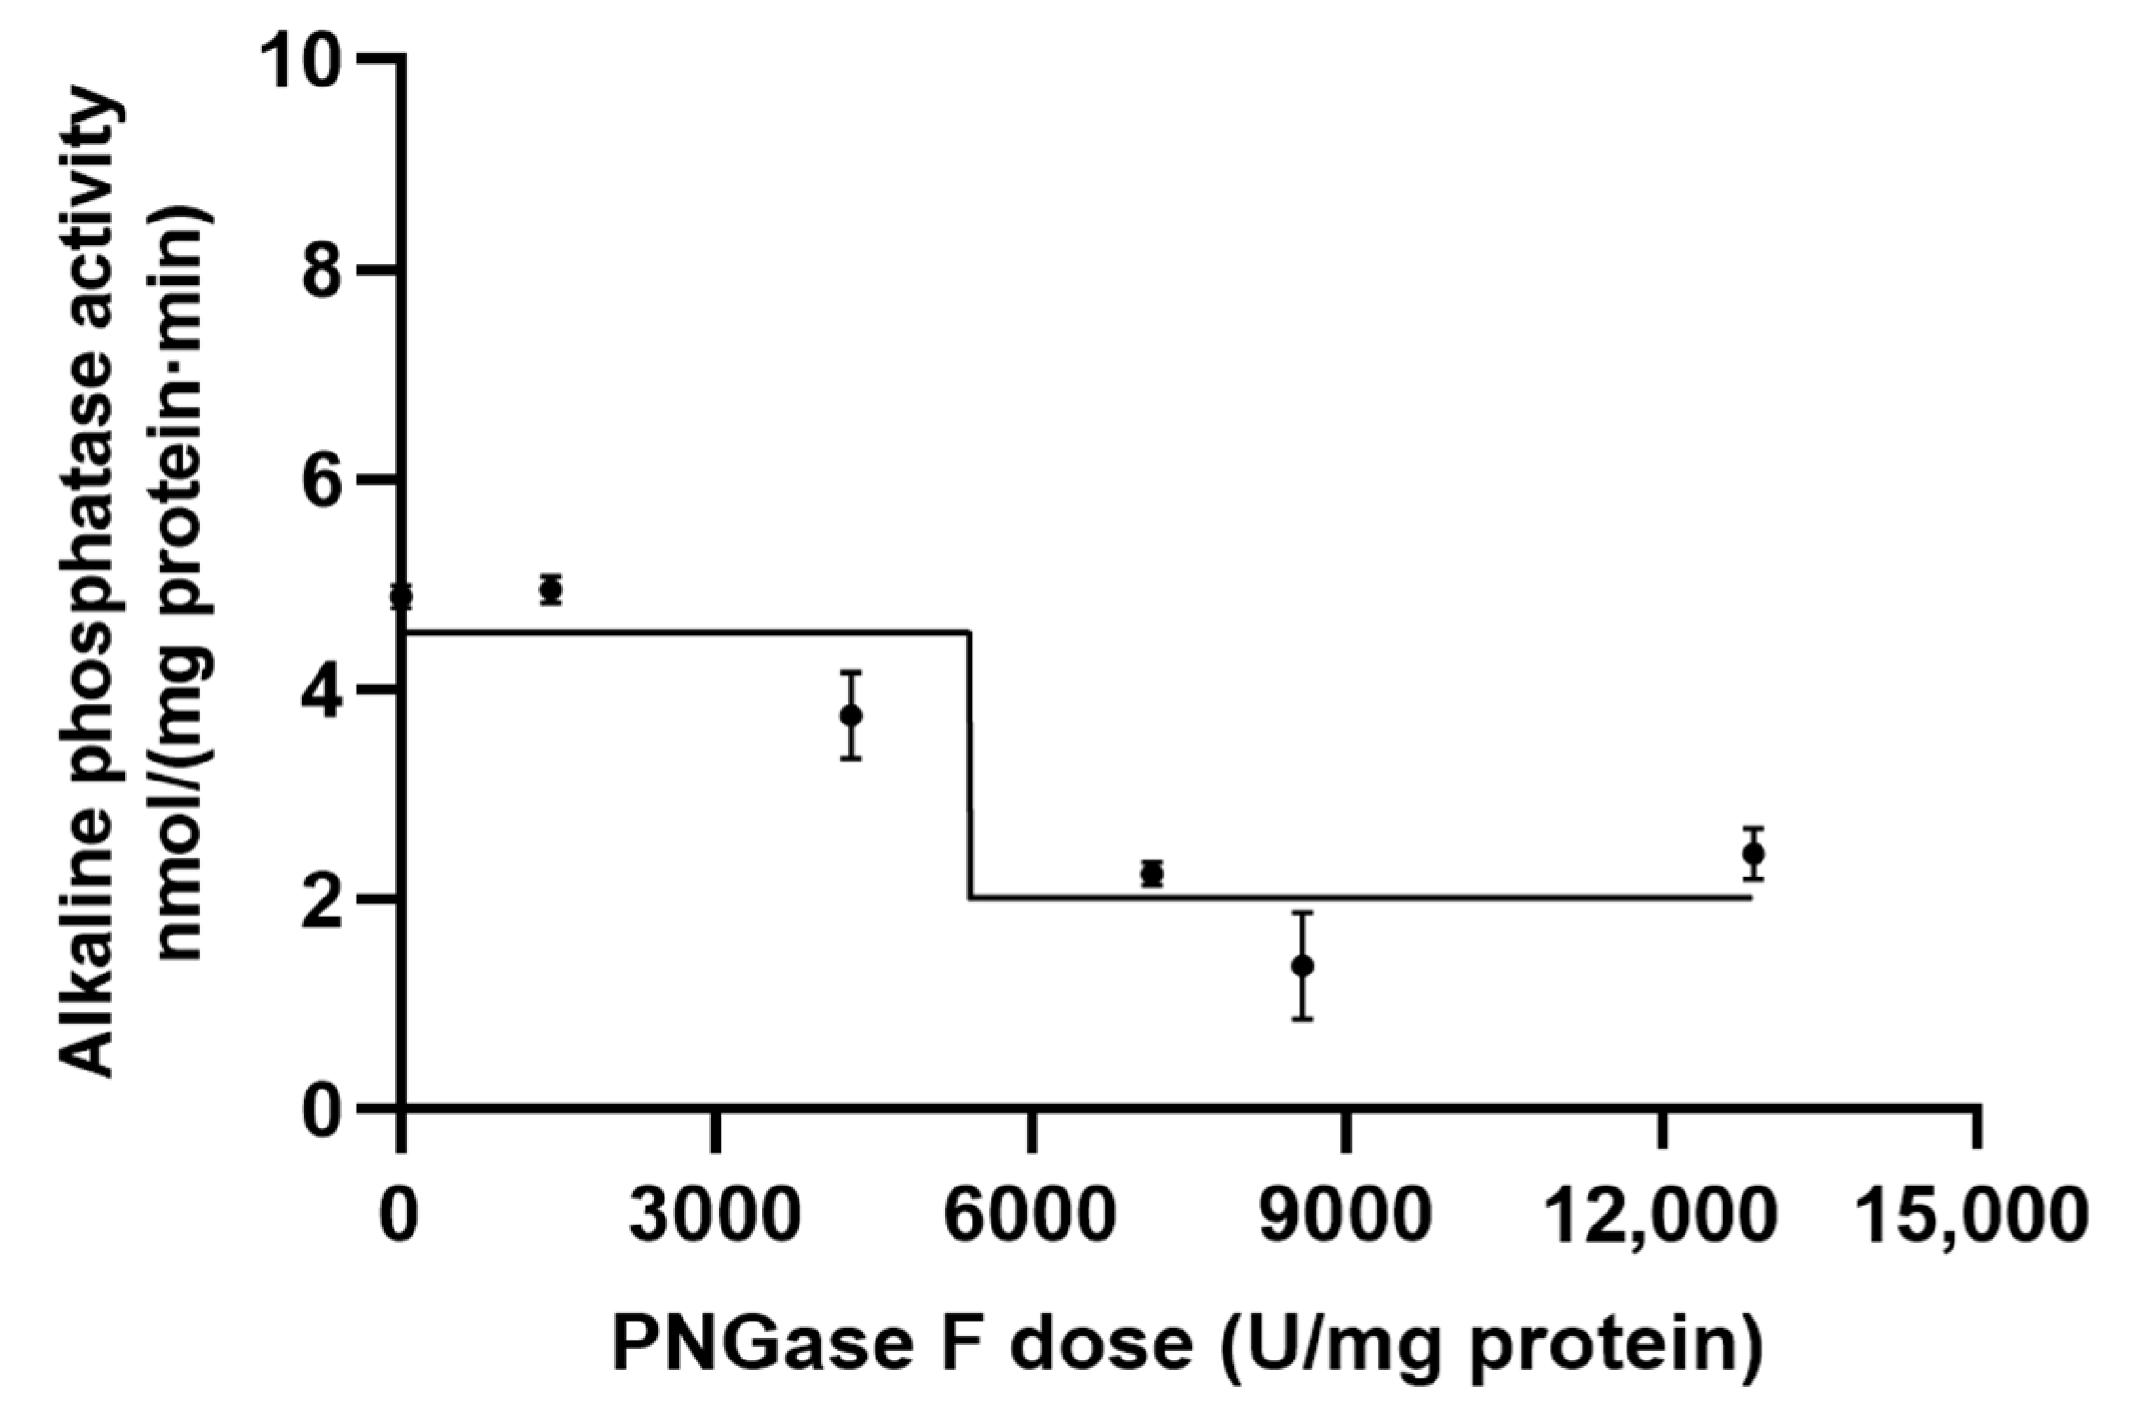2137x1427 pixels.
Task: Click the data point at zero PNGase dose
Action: pyautogui.click(x=401, y=596)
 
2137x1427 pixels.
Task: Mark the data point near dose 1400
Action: pyautogui.click(x=550, y=589)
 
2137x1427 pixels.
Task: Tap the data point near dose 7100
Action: pyautogui.click(x=1152, y=873)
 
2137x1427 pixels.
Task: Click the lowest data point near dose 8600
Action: pyautogui.click(x=1302, y=966)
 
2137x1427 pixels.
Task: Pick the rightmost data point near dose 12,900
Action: pyautogui.click(x=1754, y=854)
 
